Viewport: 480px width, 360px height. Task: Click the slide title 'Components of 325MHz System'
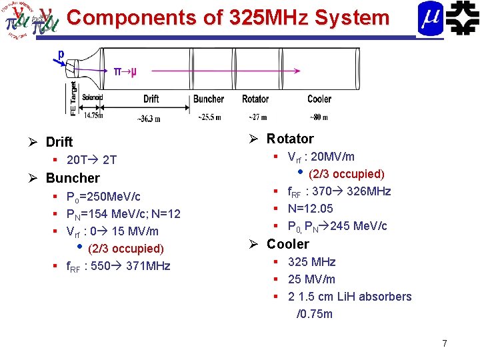228,17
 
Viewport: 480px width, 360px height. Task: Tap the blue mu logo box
430,18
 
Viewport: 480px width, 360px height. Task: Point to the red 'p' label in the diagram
61,54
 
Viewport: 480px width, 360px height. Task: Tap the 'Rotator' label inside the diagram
255,99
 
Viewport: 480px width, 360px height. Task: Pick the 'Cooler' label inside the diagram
319,99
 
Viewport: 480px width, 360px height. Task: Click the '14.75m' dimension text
93,115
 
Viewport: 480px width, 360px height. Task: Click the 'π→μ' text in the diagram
124,72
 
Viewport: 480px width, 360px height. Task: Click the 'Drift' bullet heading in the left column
59,142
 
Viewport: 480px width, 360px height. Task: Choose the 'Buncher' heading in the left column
73,178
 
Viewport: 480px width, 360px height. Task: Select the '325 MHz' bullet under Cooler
311,262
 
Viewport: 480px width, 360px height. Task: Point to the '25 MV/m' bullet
311,279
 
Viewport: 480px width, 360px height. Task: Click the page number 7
444,343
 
